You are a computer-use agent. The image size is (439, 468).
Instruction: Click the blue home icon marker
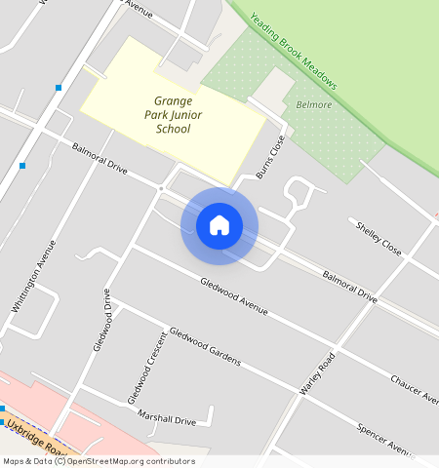coord(219,225)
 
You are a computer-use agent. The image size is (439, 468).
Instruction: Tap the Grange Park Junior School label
coord(173,114)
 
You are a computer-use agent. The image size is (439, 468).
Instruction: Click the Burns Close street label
coord(270,154)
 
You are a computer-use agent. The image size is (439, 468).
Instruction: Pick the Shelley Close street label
coord(379,238)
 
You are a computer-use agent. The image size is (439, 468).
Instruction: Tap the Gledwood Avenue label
coord(233,296)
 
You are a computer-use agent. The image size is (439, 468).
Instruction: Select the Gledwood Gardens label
coord(204,346)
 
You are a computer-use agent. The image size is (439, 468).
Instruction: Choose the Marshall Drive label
coord(166,417)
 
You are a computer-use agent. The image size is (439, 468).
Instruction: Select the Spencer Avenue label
coord(386,438)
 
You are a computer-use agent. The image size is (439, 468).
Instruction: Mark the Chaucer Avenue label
coord(415,387)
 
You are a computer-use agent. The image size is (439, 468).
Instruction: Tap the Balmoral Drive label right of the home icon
coord(349,283)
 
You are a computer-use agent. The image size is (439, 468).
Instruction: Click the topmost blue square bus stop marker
coord(60,88)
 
